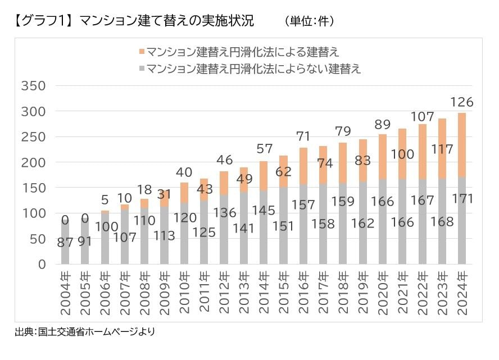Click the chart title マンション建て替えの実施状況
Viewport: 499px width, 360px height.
[166, 21]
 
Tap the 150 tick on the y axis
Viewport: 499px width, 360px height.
[33, 188]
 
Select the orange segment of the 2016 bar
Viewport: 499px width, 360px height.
[303, 166]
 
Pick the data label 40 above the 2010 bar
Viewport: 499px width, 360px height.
[184, 172]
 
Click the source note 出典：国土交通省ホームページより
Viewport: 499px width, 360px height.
[84, 332]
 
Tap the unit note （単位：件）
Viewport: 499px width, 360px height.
[310, 21]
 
